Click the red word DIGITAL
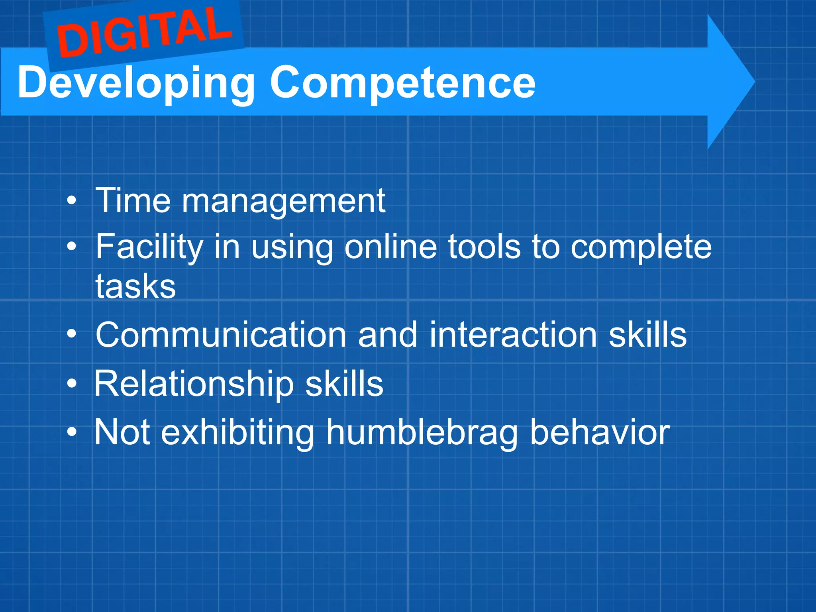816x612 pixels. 144,33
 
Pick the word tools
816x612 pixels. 484,247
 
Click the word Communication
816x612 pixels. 221,335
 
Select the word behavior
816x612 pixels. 600,433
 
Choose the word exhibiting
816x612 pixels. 237,433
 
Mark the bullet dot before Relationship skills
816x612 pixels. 71,384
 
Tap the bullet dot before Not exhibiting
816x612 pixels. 71,432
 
